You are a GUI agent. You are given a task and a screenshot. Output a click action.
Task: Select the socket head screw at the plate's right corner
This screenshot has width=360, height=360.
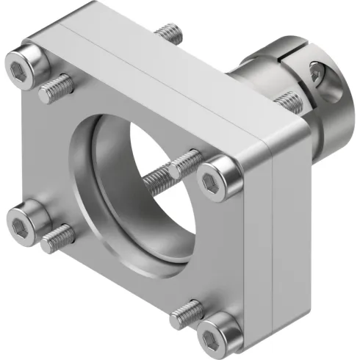tap(219, 177)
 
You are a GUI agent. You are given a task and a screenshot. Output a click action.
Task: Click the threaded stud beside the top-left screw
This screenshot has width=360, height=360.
tap(55, 87)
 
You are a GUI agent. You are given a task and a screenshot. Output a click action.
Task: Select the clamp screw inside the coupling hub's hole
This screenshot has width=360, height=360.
tap(317, 73)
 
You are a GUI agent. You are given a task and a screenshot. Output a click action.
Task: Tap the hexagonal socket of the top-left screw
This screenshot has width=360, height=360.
tap(20, 68)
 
